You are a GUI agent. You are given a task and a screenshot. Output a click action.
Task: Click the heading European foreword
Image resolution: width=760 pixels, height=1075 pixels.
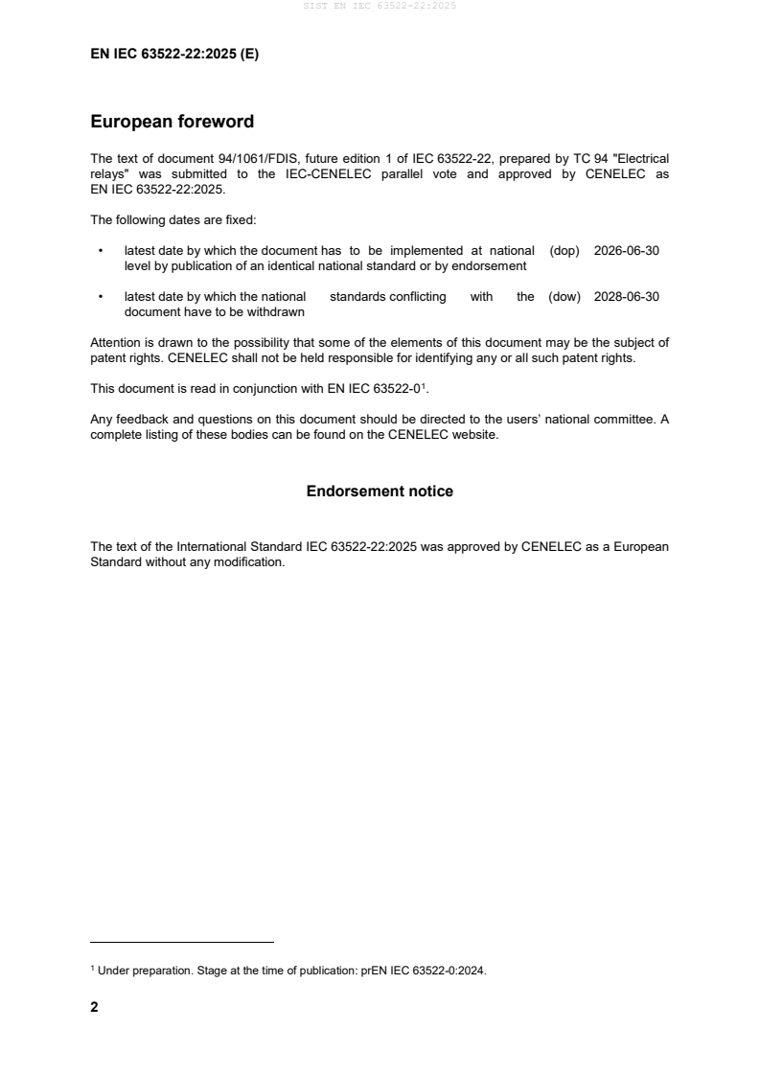coord(172,122)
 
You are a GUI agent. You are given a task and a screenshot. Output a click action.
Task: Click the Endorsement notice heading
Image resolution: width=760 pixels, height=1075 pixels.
coord(380,492)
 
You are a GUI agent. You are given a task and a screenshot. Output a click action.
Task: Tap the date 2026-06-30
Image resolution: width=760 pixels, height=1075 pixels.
coord(627,251)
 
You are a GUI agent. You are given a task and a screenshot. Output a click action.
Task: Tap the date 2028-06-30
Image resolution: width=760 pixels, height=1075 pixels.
coord(627,297)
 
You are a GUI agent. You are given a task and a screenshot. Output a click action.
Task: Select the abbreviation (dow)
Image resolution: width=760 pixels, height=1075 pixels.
coord(565,297)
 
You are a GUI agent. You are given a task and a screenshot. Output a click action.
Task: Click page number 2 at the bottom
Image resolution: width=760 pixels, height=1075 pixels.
coord(94,1007)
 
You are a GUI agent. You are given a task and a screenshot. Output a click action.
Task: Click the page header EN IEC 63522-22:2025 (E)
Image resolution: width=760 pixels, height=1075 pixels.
coord(174,55)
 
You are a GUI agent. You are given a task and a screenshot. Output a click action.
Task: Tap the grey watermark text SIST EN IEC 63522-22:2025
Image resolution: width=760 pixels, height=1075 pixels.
coord(380,6)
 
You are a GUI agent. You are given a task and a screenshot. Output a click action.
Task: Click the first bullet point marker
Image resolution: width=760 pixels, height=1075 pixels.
coord(101,251)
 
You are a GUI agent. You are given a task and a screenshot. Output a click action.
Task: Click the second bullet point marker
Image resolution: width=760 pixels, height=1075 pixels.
coord(101,297)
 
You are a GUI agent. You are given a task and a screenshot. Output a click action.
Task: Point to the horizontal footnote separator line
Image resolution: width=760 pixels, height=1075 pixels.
coord(182,943)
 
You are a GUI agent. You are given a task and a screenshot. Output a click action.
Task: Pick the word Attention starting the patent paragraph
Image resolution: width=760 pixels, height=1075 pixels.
coord(115,343)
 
